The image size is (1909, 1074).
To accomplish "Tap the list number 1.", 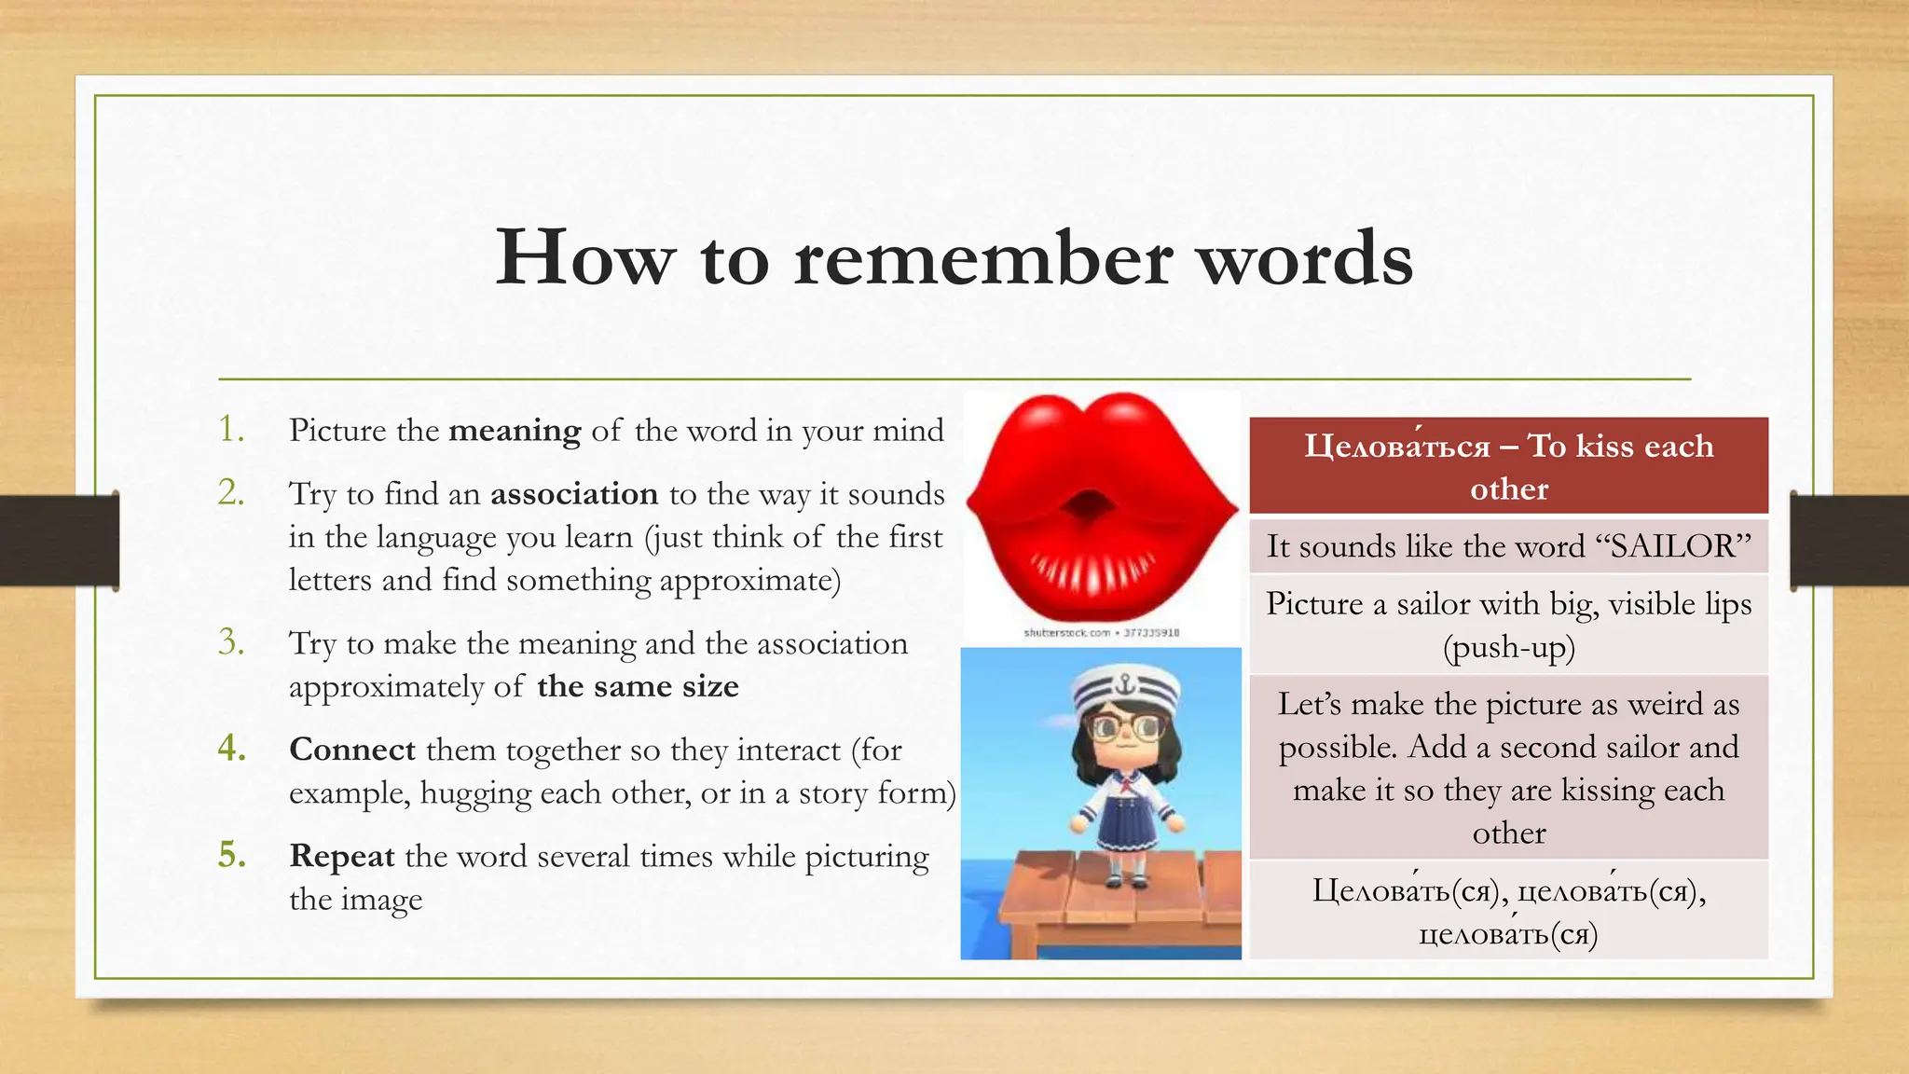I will coord(231,430).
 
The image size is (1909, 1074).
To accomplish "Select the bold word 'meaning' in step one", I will coord(515,431).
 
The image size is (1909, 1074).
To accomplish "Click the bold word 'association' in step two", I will coord(574,494).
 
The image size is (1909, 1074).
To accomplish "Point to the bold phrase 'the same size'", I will coord(638,687).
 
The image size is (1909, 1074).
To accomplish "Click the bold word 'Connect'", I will coord(352,750).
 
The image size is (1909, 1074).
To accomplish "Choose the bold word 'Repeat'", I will coord(342,857).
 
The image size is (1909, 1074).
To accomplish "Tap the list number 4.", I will coord(231,749).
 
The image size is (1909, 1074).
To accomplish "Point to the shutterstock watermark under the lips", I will coord(1101,633).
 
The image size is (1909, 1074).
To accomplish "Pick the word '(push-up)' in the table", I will coord(1508,648).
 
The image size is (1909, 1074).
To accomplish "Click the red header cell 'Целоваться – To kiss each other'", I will coord(1508,466).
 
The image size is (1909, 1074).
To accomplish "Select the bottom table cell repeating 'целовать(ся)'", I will coord(1508,911).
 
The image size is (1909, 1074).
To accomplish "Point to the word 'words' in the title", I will coord(1305,258).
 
